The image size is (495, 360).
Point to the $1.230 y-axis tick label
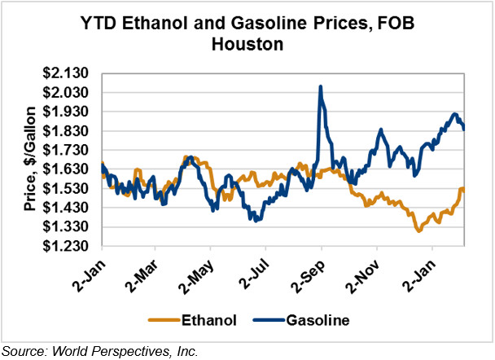(68, 246)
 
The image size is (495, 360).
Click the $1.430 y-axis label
(68, 208)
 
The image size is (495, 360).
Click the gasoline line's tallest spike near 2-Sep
(321, 86)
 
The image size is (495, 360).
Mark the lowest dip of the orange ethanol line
(419, 231)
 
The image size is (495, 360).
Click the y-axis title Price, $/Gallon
(30, 160)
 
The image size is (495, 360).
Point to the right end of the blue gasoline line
(464, 128)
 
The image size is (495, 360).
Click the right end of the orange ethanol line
(464, 189)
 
